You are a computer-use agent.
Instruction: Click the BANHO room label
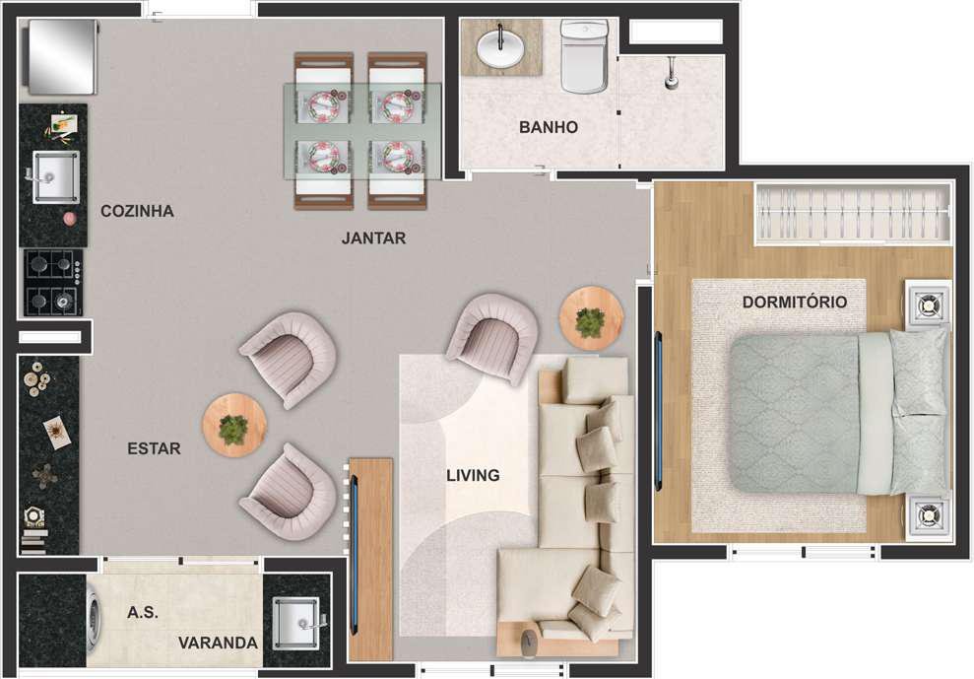coord(549,127)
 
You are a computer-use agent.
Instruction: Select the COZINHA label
coord(137,212)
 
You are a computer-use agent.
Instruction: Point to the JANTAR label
coord(373,238)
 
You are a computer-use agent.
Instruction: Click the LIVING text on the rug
coord(474,476)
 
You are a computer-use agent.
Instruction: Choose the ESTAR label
coord(154,449)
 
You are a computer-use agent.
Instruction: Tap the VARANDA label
coord(218,643)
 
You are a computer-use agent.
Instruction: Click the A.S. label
coord(143,613)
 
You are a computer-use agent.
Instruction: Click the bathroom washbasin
coord(500,47)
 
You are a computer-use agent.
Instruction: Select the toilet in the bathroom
coord(585,56)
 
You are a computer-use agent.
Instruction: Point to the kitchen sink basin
coord(55,176)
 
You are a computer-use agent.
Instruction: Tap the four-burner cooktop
coord(53,283)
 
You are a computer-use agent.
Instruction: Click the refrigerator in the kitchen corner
coord(61,56)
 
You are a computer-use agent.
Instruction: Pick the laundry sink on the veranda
coord(296,622)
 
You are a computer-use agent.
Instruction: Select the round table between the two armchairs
coord(234,426)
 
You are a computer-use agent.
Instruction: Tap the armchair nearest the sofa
coord(492,338)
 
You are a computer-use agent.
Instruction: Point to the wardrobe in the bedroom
coord(853,213)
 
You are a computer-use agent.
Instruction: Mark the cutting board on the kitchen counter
coord(64,124)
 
